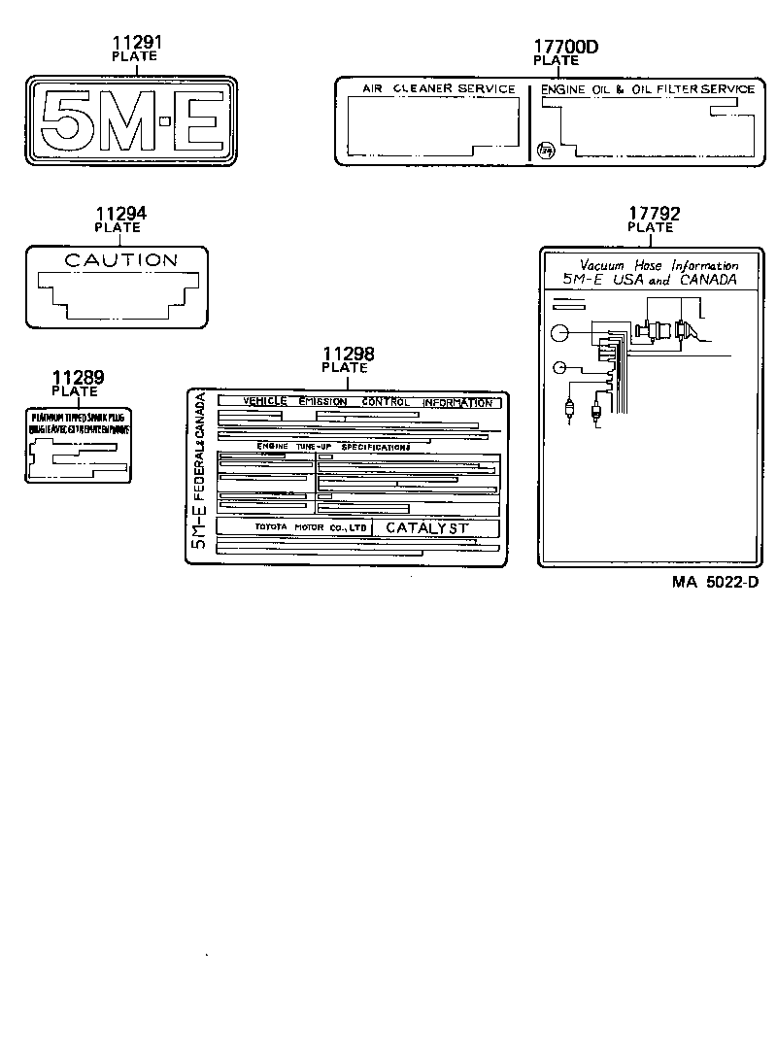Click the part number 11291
136,43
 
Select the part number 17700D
566,47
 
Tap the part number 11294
120,215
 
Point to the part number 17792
654,215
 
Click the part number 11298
348,355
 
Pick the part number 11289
78,379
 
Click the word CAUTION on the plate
120,260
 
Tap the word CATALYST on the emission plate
427,527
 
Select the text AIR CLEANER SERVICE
439,89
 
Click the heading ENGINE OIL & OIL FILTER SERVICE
647,89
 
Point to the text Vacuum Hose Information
659,265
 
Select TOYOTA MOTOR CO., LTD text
311,527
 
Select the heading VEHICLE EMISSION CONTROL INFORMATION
367,402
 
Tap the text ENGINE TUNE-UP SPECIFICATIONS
333,447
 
